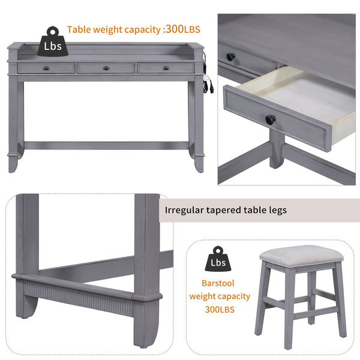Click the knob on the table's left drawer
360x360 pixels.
[47, 68]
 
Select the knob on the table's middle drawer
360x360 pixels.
[106, 68]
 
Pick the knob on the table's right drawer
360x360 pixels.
[166, 68]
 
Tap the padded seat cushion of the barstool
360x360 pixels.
[302, 254]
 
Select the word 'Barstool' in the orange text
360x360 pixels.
[217, 282]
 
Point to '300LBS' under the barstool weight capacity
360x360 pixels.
[217, 310]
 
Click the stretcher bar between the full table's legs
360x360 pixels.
[108, 145]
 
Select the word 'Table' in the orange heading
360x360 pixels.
[79, 29]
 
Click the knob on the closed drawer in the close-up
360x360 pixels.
[230, 56]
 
